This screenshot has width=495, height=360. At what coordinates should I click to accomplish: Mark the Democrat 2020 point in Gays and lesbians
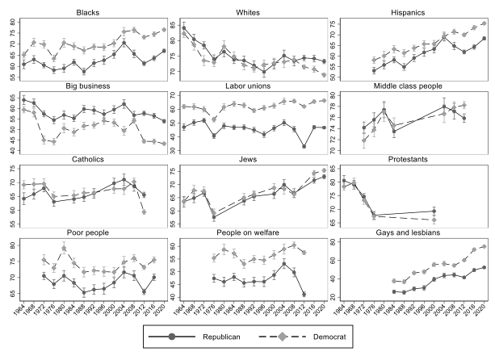pyautogui.click(x=484, y=247)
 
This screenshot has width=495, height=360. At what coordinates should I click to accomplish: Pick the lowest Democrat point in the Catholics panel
pyautogui.click(x=144, y=211)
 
